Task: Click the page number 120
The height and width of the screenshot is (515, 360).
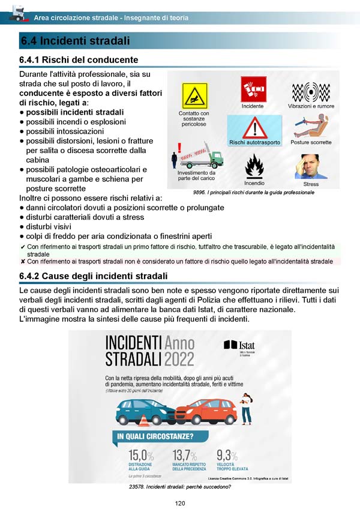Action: (179, 503)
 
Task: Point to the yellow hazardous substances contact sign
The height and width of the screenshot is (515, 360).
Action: (194, 96)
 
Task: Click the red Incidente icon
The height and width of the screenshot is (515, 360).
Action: (253, 89)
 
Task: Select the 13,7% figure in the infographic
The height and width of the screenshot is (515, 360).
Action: (185, 454)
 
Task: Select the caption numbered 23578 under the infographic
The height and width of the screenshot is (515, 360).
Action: (179, 487)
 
